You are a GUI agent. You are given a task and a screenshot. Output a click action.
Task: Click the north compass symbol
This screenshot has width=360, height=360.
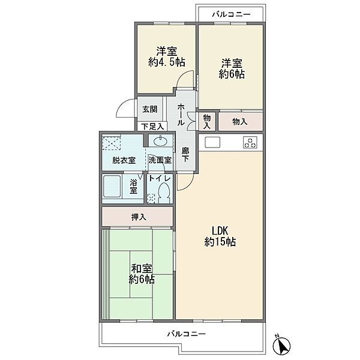point(282,344)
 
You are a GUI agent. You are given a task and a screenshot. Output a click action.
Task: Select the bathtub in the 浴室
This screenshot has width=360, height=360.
point(112,186)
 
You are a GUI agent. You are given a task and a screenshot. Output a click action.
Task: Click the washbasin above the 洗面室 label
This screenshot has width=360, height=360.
point(160,142)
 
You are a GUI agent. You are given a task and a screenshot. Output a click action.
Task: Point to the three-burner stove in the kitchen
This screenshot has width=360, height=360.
point(250,142)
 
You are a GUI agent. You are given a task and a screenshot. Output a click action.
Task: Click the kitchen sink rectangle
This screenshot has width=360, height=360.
point(212,142)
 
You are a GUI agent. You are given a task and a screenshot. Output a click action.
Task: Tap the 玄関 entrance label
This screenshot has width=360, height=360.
point(150,109)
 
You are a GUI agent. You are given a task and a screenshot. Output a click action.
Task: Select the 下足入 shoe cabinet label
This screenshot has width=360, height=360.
point(152,126)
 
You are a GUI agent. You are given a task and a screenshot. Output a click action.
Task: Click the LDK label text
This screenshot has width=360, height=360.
point(220,230)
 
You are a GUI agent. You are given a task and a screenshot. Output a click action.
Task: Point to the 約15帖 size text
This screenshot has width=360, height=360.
point(220,242)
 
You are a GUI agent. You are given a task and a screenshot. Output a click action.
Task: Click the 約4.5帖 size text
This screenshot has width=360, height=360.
point(167,62)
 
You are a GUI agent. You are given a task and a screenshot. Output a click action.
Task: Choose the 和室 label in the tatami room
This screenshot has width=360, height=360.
point(142,268)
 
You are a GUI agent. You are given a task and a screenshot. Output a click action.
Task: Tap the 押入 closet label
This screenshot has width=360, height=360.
point(139,217)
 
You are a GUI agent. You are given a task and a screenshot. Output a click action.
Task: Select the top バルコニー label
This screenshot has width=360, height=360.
point(231,14)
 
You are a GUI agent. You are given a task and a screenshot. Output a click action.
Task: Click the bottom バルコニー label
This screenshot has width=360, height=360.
point(187,334)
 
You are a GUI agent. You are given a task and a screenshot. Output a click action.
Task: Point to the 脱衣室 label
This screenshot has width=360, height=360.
point(124,160)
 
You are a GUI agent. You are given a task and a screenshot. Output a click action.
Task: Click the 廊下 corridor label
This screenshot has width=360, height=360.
point(185,155)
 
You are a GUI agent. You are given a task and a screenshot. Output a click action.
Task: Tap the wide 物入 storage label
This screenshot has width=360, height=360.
point(239,122)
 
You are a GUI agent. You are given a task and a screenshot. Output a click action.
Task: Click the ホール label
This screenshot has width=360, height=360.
point(181,115)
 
